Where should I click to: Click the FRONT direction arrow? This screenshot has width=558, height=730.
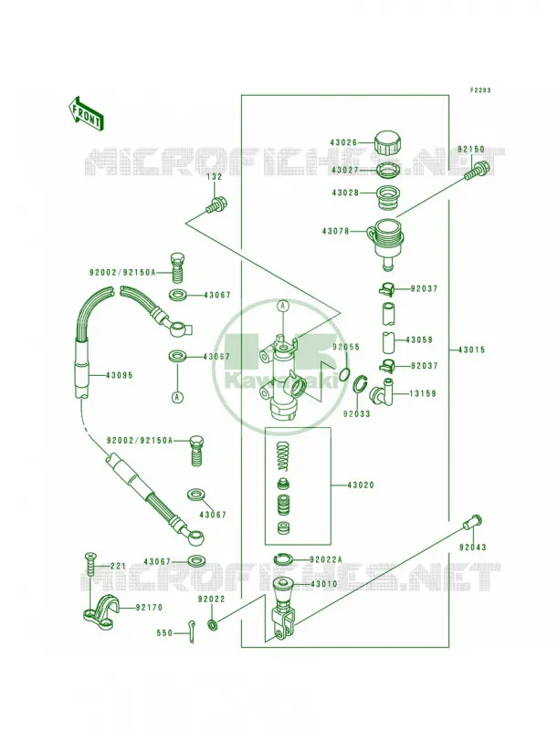pyautogui.click(x=86, y=112)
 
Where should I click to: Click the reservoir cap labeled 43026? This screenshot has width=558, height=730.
pyautogui.click(x=388, y=142)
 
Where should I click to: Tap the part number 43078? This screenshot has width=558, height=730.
pyautogui.click(x=335, y=231)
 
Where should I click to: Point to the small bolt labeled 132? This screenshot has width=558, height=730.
pyautogui.click(x=216, y=205)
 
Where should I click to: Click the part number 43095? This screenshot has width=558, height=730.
pyautogui.click(x=120, y=375)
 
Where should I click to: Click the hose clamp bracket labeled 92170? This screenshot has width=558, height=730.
pyautogui.click(x=100, y=608)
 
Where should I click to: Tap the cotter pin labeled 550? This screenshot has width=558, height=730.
pyautogui.click(x=191, y=633)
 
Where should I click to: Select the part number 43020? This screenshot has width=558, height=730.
pyautogui.click(x=361, y=485)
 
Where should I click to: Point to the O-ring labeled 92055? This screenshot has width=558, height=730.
pyautogui.click(x=344, y=374)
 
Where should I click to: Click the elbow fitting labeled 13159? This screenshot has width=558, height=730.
pyautogui.click(x=381, y=392)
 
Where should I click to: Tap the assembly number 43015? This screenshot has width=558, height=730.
pyautogui.click(x=471, y=349)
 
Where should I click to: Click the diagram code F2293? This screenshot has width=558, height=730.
pyautogui.click(x=479, y=90)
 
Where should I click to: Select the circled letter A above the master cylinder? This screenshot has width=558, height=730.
pyautogui.click(x=283, y=306)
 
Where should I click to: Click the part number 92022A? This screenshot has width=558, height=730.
pyautogui.click(x=325, y=559)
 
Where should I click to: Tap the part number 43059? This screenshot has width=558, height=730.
pyautogui.click(x=420, y=339)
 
